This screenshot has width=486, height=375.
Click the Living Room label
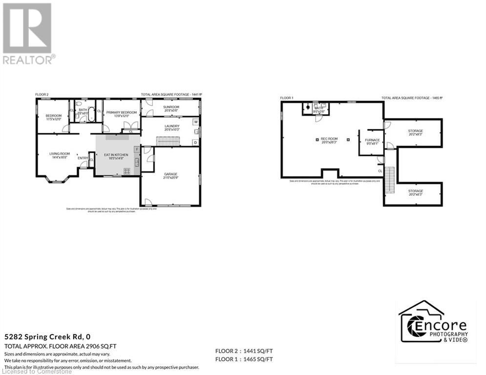pos(60,156)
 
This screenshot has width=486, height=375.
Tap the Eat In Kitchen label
pos(116,156)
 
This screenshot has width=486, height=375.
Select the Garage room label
pos(170,175)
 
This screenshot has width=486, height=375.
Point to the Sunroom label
pos(171,108)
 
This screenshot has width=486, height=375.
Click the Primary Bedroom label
pos(118,114)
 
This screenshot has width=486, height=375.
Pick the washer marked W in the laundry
pos(195,122)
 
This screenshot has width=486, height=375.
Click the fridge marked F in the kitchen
pos(137,148)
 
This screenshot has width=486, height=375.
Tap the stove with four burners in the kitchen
pos(127,170)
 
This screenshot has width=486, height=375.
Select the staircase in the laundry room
pos(168,141)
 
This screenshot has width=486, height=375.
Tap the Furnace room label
pos(372,142)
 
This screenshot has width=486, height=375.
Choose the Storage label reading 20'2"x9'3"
pos(416,133)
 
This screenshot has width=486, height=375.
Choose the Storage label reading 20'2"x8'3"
pos(416,192)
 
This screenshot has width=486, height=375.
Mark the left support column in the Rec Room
pos(317,140)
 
